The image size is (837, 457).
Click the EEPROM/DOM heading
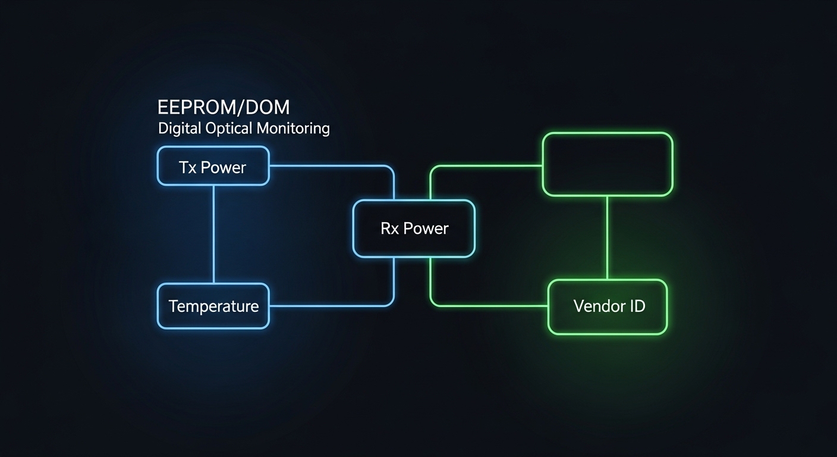[224, 108]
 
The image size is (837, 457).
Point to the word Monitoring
[294, 128]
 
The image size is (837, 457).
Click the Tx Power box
[213, 166]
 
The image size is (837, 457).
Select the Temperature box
[213, 306]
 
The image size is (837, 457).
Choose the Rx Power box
[414, 228]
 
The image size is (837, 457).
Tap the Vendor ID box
[607, 306]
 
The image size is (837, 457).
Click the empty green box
[607, 164]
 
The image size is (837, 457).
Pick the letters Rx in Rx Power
[389, 228]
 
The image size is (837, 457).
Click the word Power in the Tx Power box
[223, 168]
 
